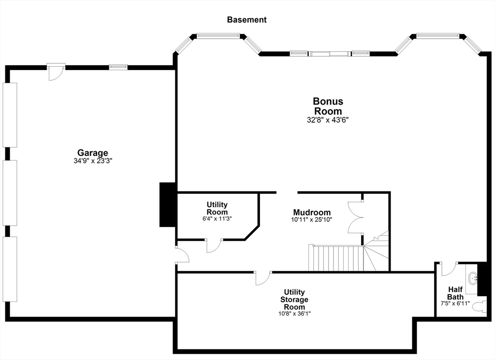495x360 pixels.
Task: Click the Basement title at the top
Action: tap(247, 20)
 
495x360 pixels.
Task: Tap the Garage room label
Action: tap(93, 153)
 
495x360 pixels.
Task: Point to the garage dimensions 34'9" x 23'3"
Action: tap(93, 161)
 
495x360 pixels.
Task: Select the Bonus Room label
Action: tap(328, 106)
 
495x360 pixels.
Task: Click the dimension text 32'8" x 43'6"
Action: tap(328, 120)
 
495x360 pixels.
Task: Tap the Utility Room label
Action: tap(217, 208)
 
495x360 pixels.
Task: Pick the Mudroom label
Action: tap(312, 213)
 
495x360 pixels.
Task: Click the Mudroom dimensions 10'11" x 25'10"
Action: tap(312, 220)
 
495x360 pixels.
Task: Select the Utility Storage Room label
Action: tap(294, 299)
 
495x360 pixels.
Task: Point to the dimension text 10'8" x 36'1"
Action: tap(294, 313)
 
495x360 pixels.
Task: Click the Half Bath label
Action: tap(455, 293)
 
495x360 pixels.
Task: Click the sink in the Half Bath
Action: tap(472, 278)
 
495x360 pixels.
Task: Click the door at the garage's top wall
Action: tap(56, 71)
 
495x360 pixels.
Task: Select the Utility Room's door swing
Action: tap(213, 245)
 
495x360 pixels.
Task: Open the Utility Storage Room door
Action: tap(263, 277)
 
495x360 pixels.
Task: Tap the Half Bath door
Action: tap(449, 268)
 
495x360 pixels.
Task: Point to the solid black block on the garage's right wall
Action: tap(168, 204)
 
